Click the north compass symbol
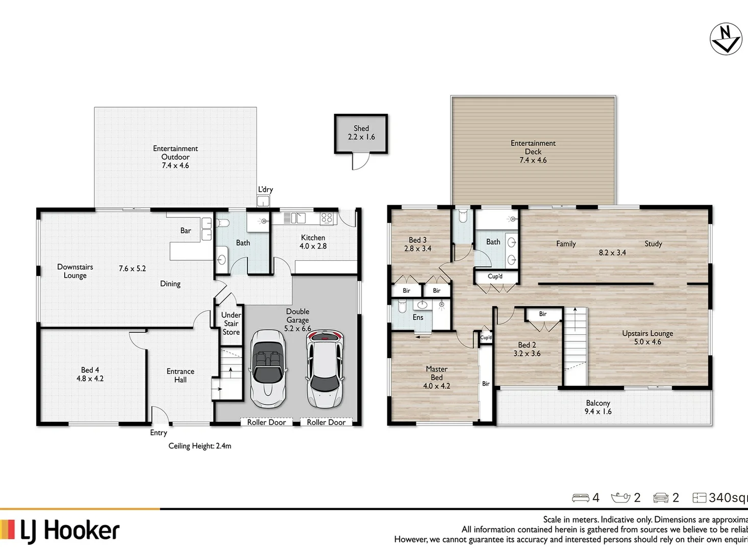point(726,39)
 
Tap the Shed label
point(361,129)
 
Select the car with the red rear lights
point(325,368)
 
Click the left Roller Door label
point(266,422)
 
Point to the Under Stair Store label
point(231,323)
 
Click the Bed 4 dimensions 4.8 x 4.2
point(90,379)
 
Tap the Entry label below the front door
point(158,433)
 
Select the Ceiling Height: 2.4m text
point(200,446)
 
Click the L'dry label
point(265,190)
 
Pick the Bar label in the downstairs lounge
point(186,231)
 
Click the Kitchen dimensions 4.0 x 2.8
point(313,246)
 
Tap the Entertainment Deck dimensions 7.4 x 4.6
point(533,160)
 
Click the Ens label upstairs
point(418,317)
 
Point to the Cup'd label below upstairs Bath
point(495,277)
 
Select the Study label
point(653,244)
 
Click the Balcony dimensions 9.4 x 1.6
point(598,412)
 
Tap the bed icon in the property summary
point(581,497)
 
